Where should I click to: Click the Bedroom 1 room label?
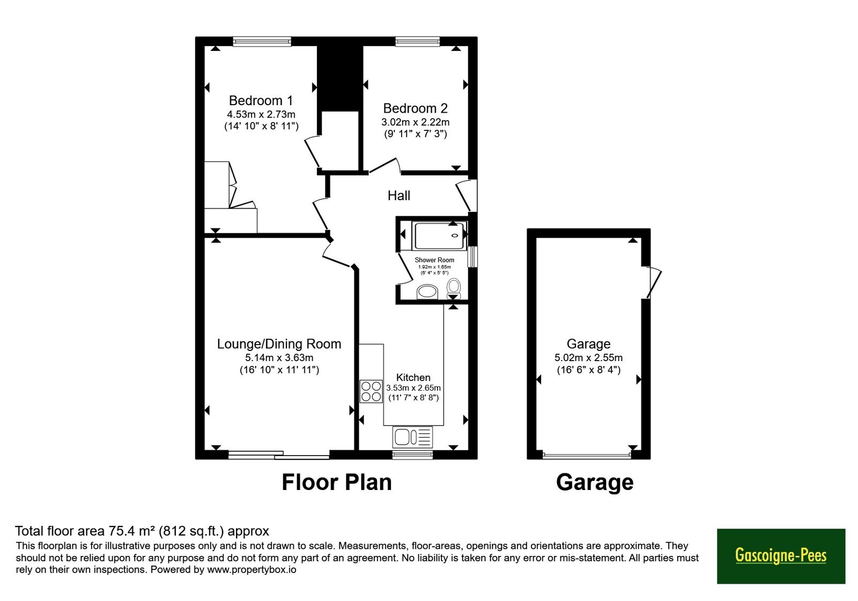[x=261, y=101]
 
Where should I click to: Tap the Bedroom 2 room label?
[x=415, y=108]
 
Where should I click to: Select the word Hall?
[x=399, y=195]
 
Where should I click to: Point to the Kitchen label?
[x=413, y=377]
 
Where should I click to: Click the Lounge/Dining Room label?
[x=279, y=344]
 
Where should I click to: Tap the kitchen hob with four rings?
[x=371, y=391]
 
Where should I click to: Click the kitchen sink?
[x=412, y=437]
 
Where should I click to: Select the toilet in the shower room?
[x=454, y=288]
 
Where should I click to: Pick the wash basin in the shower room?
[x=427, y=292]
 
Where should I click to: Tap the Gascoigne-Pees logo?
[x=781, y=556]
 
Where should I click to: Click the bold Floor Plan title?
[x=337, y=482]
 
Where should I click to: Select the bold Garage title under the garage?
[x=595, y=483]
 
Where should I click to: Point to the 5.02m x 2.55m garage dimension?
[x=588, y=357]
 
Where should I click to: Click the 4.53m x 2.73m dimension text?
[x=261, y=114]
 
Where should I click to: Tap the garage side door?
[x=653, y=283]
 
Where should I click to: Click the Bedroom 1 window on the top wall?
[x=262, y=41]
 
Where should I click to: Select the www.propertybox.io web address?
[x=252, y=569]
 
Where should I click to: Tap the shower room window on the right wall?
[x=474, y=256]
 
